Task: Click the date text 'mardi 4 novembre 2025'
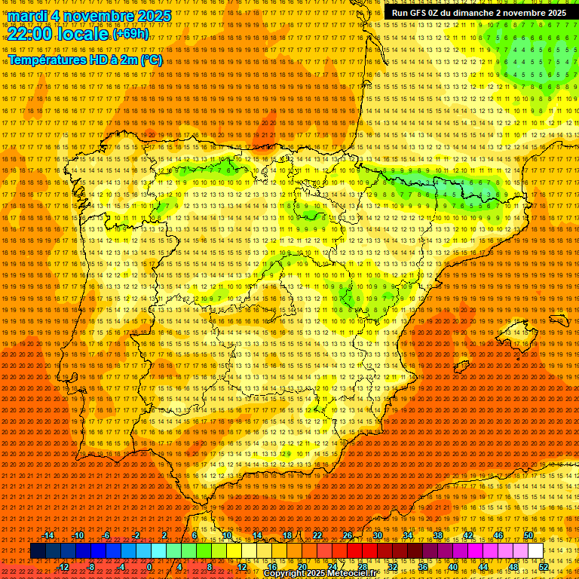[x=90, y=16]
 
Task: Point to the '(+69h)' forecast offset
[x=130, y=34]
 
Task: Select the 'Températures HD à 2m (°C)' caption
[x=84, y=60]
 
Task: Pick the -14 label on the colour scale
[x=49, y=535]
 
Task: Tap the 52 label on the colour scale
[x=544, y=567]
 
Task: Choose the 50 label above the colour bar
[x=528, y=535]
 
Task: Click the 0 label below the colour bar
[x=149, y=567]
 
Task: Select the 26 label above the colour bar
[x=348, y=535]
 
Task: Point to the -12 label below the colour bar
[x=63, y=567]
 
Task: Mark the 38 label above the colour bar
[x=438, y=535]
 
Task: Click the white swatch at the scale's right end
[x=536, y=551]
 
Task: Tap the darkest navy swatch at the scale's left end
[x=38, y=551]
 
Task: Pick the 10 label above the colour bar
[x=226, y=535]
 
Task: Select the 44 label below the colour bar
[x=483, y=567]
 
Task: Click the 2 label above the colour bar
[x=164, y=535]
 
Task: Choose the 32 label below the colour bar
[x=393, y=567]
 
